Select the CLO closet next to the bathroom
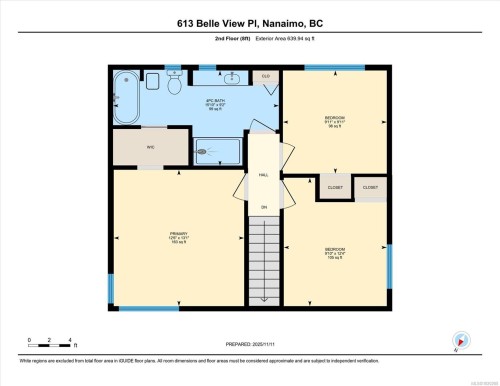click(x=266, y=77)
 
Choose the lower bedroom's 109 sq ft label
click(x=335, y=257)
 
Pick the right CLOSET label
click(x=370, y=187)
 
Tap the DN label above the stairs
click(x=264, y=207)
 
